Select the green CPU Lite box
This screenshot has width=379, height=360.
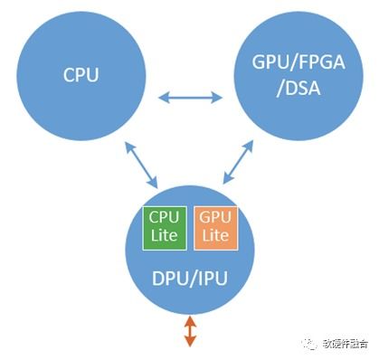point(165,227)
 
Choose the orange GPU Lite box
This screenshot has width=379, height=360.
point(214,227)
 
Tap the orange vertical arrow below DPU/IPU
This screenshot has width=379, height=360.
point(189,331)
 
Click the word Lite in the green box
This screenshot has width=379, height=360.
point(165,236)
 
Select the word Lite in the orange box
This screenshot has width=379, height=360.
point(214,236)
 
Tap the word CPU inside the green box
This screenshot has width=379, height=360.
point(165,218)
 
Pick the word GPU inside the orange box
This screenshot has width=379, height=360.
point(214,218)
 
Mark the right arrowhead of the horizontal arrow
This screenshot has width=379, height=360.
point(219,95)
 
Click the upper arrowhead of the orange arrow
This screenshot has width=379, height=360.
point(189,320)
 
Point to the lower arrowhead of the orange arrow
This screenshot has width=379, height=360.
point(189,343)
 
